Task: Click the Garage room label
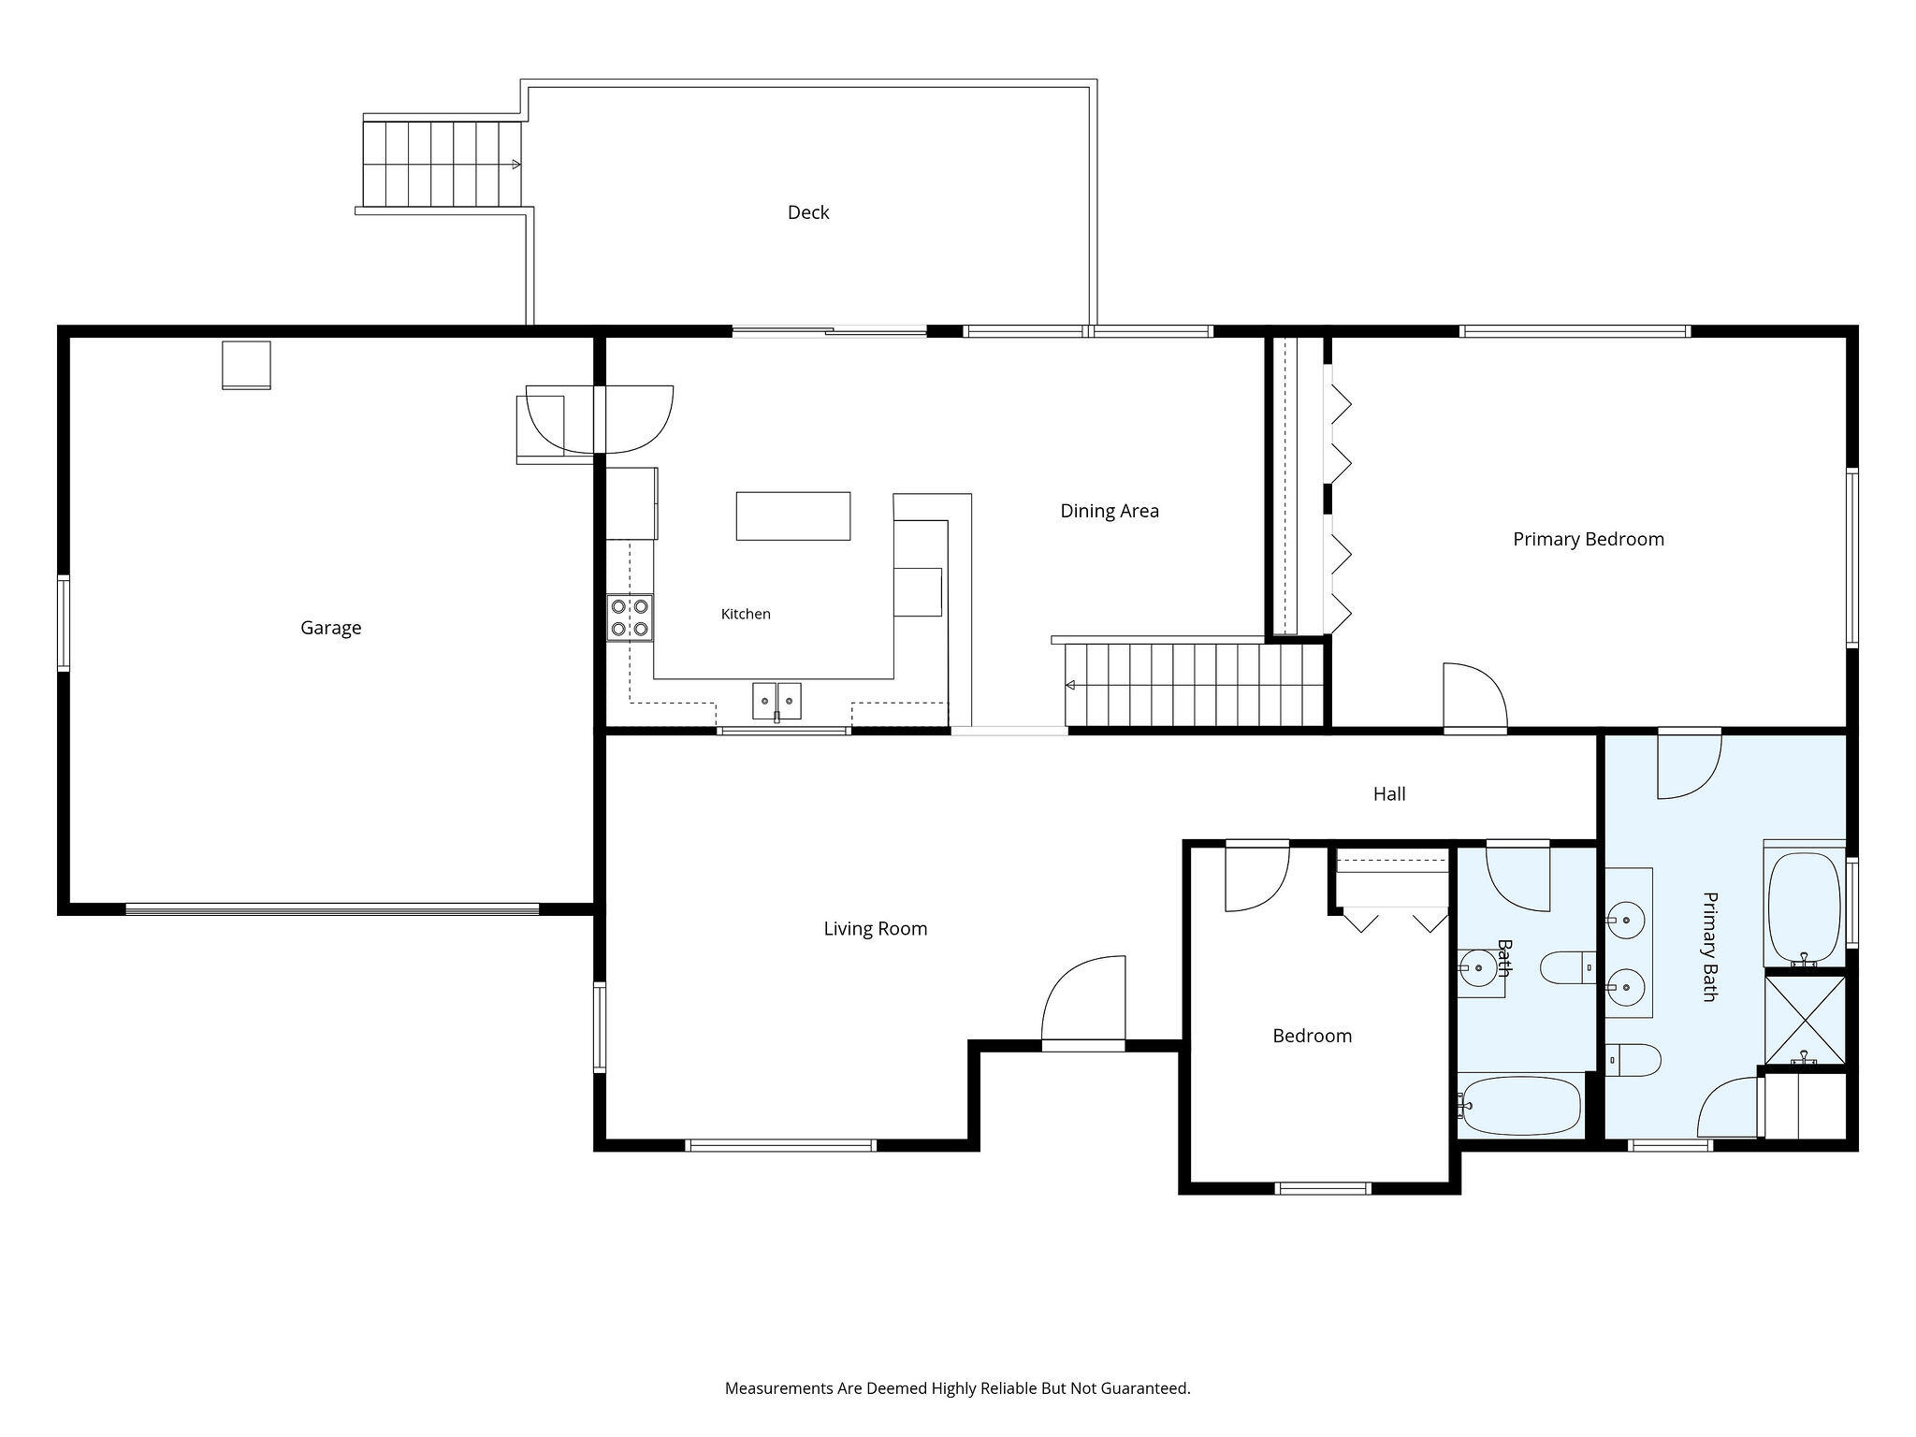coord(330,628)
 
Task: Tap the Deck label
coord(808,212)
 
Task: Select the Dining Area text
coord(1109,511)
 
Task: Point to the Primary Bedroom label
coord(1589,540)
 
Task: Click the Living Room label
coord(876,929)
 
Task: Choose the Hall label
coord(1389,794)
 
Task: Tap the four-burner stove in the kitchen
coord(630,617)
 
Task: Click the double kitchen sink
coord(777,702)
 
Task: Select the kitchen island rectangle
coord(793,516)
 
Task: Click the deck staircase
coord(442,164)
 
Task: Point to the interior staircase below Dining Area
coord(1195,684)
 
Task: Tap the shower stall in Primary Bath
coord(1805,1020)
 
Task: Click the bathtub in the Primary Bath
coord(1805,907)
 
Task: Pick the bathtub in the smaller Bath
coord(1520,1105)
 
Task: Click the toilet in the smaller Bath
coord(1568,968)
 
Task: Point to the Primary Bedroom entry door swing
coord(1475,695)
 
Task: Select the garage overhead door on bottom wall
coord(332,908)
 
